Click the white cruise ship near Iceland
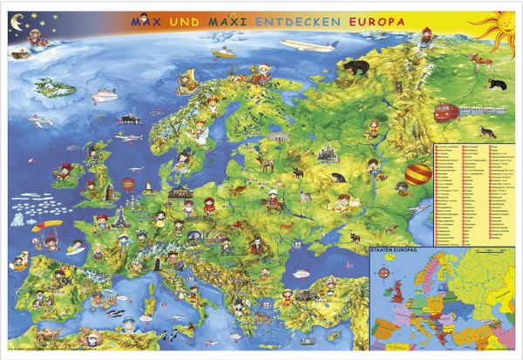(105, 90)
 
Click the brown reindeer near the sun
(476, 59)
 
